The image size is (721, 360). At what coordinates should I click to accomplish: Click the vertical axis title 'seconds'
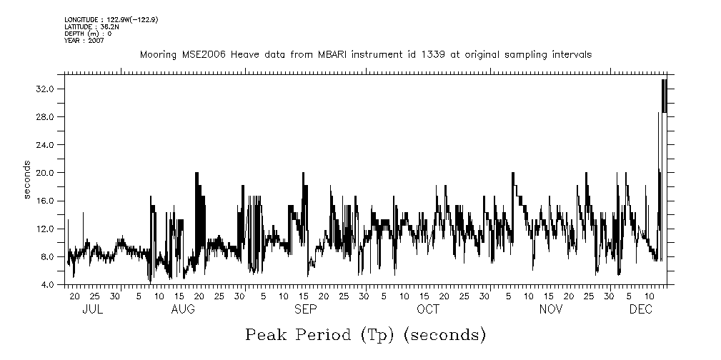(x=28, y=180)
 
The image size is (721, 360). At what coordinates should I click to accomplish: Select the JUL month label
(x=92, y=309)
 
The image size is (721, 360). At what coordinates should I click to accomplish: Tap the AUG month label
(x=184, y=309)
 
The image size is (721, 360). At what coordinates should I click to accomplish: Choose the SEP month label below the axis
(x=306, y=309)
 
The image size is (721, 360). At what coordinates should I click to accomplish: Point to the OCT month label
(x=428, y=309)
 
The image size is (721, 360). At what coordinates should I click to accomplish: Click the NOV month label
(x=551, y=309)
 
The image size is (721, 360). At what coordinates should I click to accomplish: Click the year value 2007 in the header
(x=96, y=41)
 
